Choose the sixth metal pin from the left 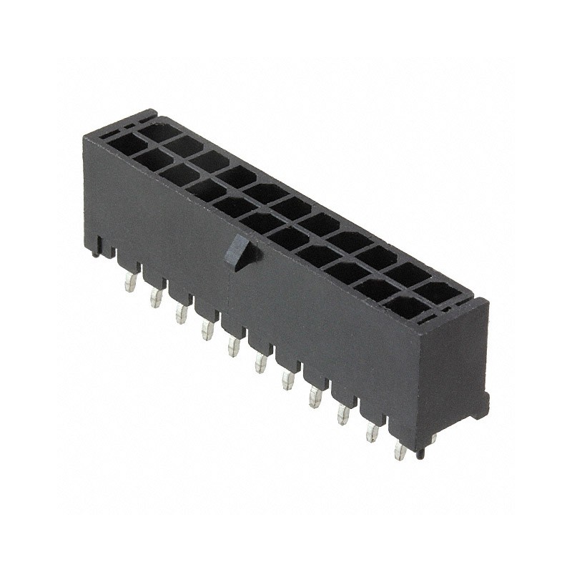tap(260, 363)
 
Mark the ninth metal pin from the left tap(343, 414)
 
